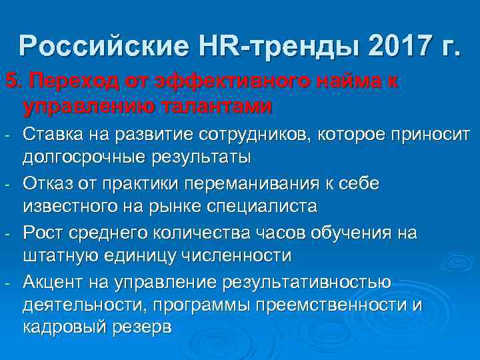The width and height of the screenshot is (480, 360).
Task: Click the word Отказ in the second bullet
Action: coord(50,183)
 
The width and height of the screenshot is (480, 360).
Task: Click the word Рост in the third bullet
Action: coord(43,231)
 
